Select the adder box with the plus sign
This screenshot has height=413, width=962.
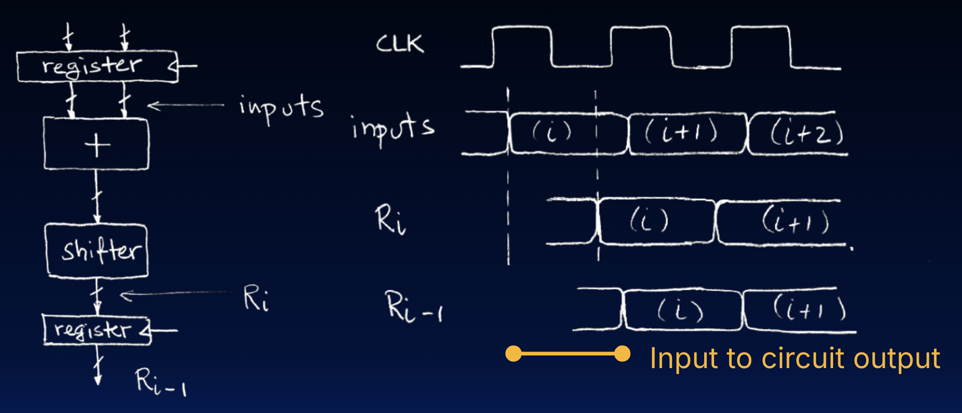click(x=97, y=144)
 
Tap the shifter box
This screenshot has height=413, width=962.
click(x=97, y=250)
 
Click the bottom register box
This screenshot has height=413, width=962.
click(x=97, y=330)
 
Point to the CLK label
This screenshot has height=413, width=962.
click(x=400, y=44)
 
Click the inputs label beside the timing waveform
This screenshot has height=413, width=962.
click(x=393, y=128)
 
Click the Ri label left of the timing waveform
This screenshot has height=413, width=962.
click(x=390, y=219)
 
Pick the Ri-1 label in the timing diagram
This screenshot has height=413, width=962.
click(x=413, y=307)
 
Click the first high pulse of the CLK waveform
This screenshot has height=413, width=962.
click(x=522, y=46)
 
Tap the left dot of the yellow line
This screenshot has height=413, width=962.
click(x=513, y=354)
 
